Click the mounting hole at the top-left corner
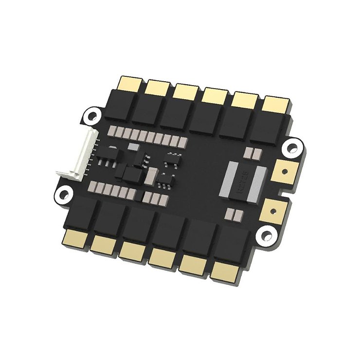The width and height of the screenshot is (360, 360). click(91, 115)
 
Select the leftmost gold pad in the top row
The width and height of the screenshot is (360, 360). click(130, 82)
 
